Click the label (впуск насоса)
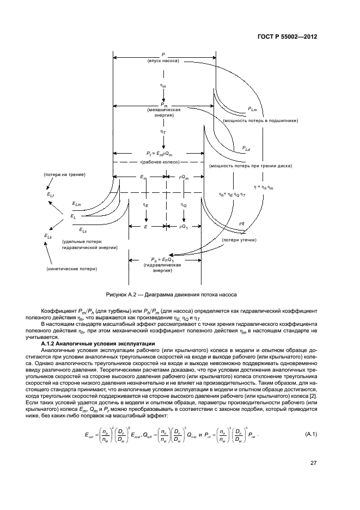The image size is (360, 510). (x=163, y=62)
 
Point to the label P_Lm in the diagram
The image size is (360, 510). (x=253, y=110)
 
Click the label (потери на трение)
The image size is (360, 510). (x=64, y=174)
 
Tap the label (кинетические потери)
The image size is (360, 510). (x=72, y=269)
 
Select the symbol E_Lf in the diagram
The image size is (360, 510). (x=51, y=195)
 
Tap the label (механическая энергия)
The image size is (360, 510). (x=163, y=112)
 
